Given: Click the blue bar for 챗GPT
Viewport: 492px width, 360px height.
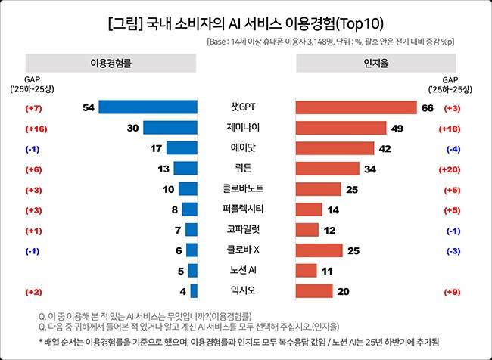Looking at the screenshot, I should tap(148, 107).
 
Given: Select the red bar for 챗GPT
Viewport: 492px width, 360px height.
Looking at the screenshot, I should tap(355, 107).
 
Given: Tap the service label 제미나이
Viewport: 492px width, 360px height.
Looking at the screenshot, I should tap(245, 128).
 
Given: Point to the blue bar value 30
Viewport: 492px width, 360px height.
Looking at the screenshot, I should tap(132, 128).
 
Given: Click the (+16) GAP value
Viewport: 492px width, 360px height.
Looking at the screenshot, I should tap(35, 129).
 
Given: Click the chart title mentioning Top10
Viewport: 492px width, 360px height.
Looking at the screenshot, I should tap(246, 21).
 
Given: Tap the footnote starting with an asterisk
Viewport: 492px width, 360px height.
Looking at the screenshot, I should tap(238, 342).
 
